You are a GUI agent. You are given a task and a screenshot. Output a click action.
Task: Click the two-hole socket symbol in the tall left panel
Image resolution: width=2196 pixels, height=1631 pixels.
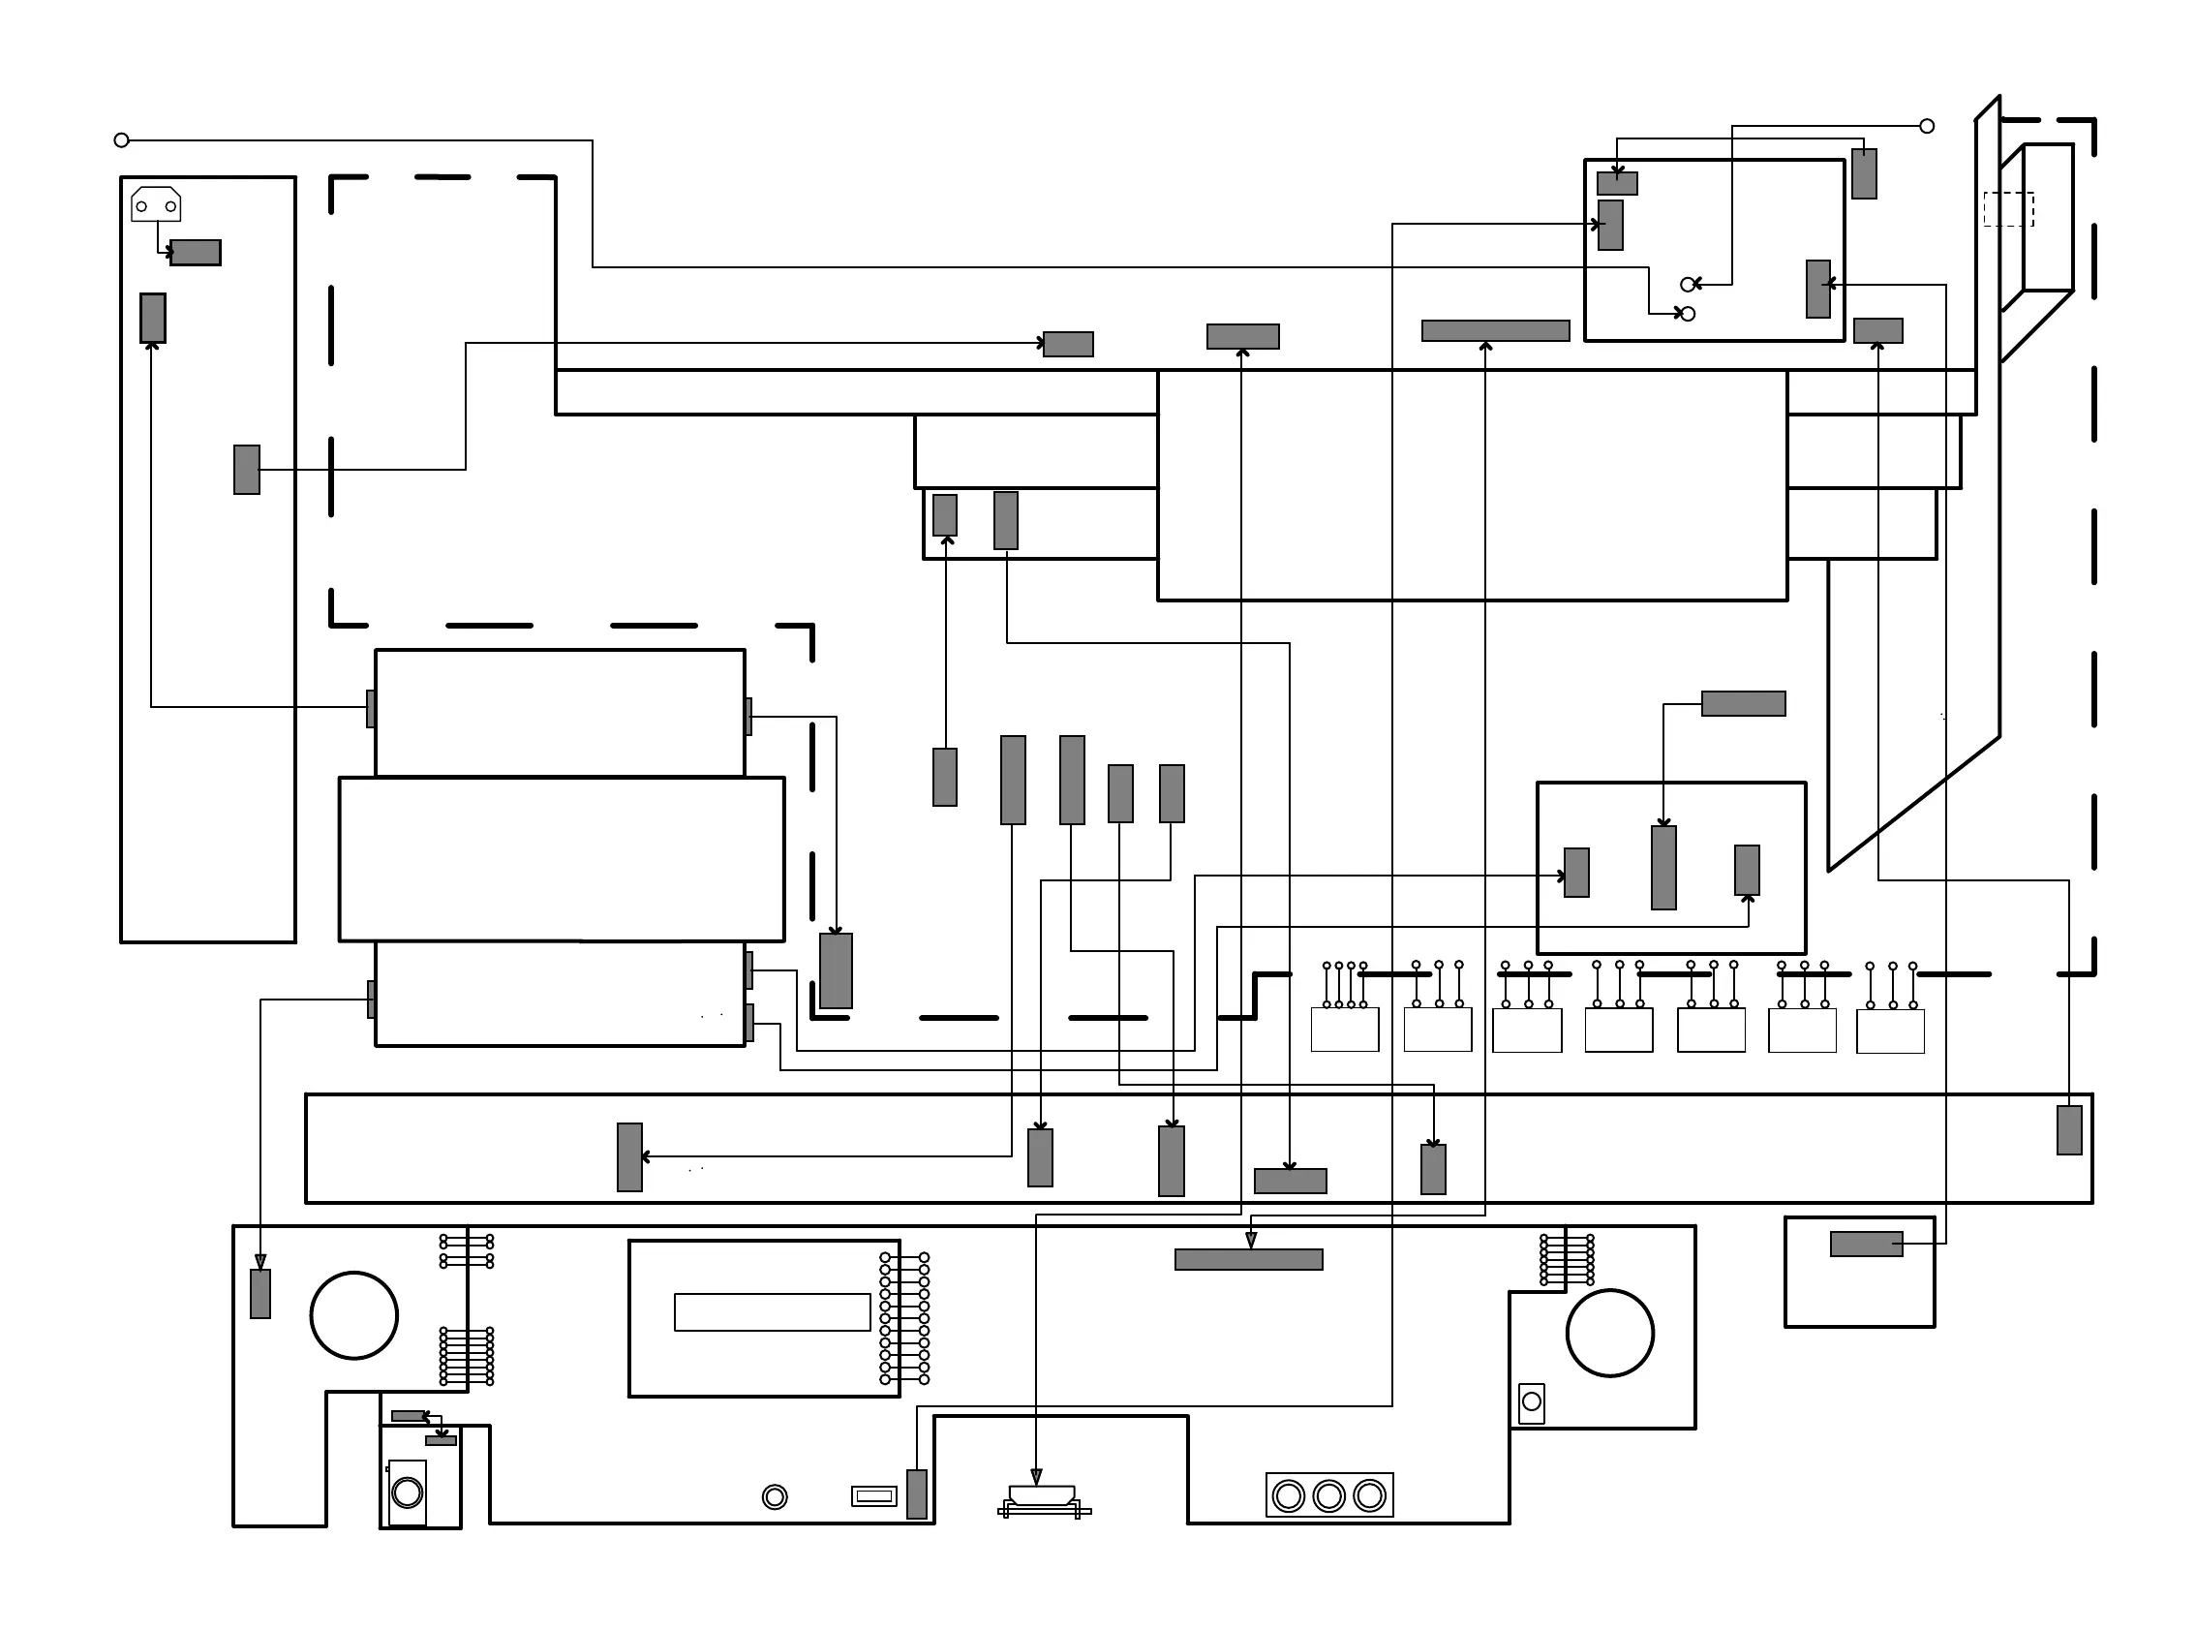[156, 204]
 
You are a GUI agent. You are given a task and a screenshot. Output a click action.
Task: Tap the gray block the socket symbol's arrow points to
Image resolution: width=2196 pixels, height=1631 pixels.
[196, 253]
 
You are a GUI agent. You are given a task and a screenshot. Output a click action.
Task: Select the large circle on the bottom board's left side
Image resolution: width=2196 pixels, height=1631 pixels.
[354, 1315]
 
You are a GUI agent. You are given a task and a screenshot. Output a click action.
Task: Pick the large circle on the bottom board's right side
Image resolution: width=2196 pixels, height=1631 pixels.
[1610, 1333]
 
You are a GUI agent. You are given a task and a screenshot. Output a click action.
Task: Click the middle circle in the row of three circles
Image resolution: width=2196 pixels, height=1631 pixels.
[1329, 1495]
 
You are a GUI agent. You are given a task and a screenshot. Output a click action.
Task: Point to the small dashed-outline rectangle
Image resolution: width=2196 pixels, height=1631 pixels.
[2008, 209]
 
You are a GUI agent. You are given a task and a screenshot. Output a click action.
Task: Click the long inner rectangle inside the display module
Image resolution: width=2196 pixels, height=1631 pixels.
[772, 1312]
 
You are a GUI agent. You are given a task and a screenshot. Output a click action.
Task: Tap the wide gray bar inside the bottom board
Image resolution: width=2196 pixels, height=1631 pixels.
[1248, 1259]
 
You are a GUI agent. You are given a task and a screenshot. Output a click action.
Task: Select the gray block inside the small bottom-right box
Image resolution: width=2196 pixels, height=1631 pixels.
[1867, 1244]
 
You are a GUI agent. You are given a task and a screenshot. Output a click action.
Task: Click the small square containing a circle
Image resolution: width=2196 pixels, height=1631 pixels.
[1532, 1402]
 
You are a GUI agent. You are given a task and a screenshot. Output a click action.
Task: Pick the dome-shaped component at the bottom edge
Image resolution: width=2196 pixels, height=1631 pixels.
[1042, 1494]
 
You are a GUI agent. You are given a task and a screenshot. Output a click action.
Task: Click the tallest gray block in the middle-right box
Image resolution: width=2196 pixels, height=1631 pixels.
[1664, 868]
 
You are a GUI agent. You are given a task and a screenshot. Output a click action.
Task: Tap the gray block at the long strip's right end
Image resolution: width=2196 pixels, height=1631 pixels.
[2070, 1130]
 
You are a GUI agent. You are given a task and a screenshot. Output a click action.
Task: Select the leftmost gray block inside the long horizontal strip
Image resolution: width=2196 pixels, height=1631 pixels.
[629, 1157]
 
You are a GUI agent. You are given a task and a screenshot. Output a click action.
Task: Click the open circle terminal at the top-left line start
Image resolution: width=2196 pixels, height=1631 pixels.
[121, 140]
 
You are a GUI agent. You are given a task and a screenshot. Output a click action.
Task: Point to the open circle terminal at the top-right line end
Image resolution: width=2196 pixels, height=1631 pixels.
[1927, 126]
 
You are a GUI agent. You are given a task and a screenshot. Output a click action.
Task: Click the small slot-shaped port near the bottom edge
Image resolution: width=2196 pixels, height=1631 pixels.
[873, 1496]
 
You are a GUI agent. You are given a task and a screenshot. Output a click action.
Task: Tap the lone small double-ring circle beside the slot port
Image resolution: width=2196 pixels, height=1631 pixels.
[775, 1496]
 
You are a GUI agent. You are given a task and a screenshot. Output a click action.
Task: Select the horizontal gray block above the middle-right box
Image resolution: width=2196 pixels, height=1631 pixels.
[1743, 703]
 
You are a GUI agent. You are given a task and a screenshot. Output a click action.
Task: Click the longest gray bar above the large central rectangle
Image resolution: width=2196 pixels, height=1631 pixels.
[1495, 330]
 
